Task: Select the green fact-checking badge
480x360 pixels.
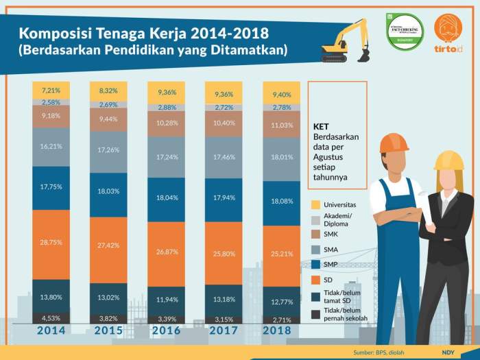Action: click(405, 31)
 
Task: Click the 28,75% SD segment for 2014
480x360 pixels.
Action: click(51, 243)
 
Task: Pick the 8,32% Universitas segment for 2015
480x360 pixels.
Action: click(108, 91)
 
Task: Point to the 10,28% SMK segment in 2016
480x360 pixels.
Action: click(166, 123)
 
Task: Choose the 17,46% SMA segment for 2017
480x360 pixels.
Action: click(224, 157)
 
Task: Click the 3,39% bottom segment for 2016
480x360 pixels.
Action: click(166, 319)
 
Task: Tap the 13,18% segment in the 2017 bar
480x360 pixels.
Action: click(224, 299)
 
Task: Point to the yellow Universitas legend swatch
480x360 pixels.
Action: click(316, 205)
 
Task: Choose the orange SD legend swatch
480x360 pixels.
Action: click(316, 280)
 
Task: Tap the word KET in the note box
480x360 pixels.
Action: click(320, 127)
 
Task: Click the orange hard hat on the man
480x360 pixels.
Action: click(394, 143)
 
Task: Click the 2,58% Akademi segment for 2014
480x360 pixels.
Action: click(51, 102)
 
